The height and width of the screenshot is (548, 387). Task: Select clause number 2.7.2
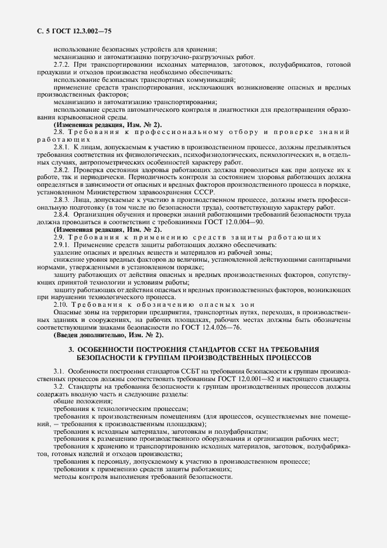(x=62, y=64)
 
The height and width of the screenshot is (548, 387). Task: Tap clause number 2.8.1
(x=62, y=147)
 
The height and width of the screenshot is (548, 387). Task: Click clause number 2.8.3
(x=62, y=200)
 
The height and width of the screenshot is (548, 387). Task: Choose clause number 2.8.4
(x=62, y=215)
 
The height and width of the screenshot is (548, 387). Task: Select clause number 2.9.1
(x=62, y=244)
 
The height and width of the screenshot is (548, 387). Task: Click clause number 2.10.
(x=61, y=305)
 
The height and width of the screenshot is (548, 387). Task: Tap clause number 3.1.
(x=58, y=372)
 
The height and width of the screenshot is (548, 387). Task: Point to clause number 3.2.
(x=58, y=387)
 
